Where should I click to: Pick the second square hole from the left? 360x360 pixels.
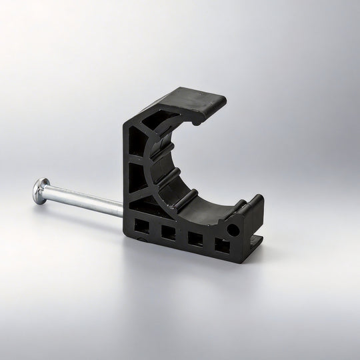tap(168, 233)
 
